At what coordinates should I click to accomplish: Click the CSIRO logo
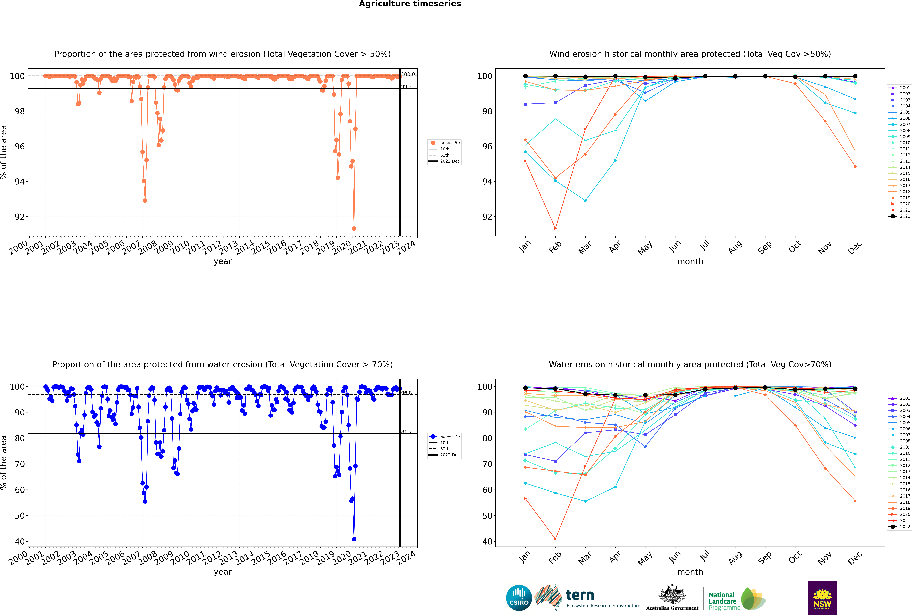click(519, 598)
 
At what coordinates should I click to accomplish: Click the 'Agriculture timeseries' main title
click(410, 4)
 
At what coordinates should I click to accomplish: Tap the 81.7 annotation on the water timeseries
click(406, 432)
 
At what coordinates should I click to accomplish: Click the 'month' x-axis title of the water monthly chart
click(690, 572)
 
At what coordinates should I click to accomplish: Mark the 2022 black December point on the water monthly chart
click(855, 389)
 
